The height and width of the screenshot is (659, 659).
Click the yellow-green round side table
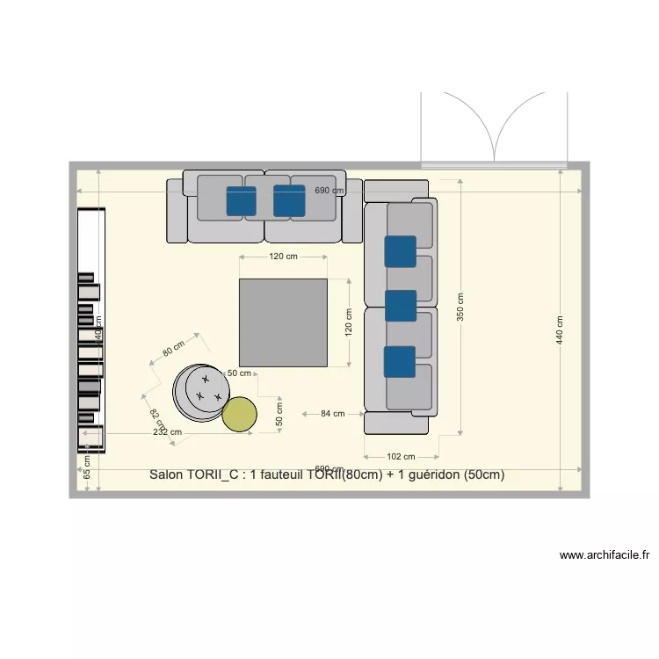coord(239,415)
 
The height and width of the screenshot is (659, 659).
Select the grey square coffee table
coord(283,322)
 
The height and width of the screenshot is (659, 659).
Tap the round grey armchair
coord(200,392)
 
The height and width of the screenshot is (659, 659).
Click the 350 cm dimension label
coord(460,307)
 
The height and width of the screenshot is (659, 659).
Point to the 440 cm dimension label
coord(560,329)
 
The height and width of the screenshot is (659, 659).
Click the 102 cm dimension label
coord(401,456)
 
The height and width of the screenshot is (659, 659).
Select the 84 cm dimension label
coord(332,413)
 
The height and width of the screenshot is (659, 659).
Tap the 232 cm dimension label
coord(167,431)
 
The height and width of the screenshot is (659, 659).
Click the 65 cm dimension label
coord(87,467)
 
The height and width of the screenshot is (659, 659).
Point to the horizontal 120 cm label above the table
coord(283,257)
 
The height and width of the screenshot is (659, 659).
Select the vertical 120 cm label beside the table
coord(348,322)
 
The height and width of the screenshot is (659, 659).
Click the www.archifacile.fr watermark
coord(605,555)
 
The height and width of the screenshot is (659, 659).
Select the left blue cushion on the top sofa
coord(242,201)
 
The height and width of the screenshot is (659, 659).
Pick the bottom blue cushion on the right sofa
coord(400,361)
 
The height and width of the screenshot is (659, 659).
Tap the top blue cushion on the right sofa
coord(400,251)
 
